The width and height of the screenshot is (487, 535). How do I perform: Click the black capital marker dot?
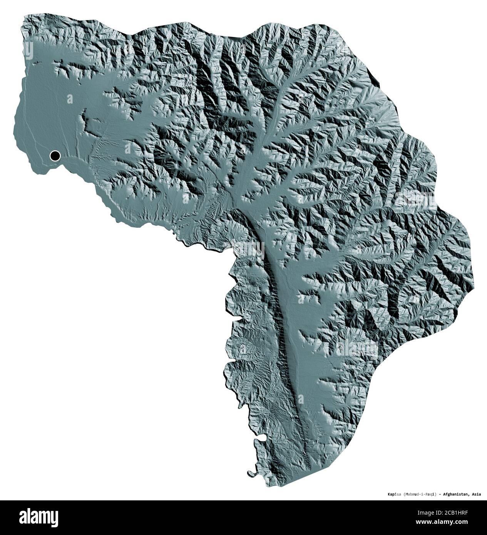[55, 156]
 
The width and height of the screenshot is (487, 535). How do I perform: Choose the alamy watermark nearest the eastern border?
[416, 200]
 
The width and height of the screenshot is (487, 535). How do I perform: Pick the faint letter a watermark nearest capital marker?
[70, 99]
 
